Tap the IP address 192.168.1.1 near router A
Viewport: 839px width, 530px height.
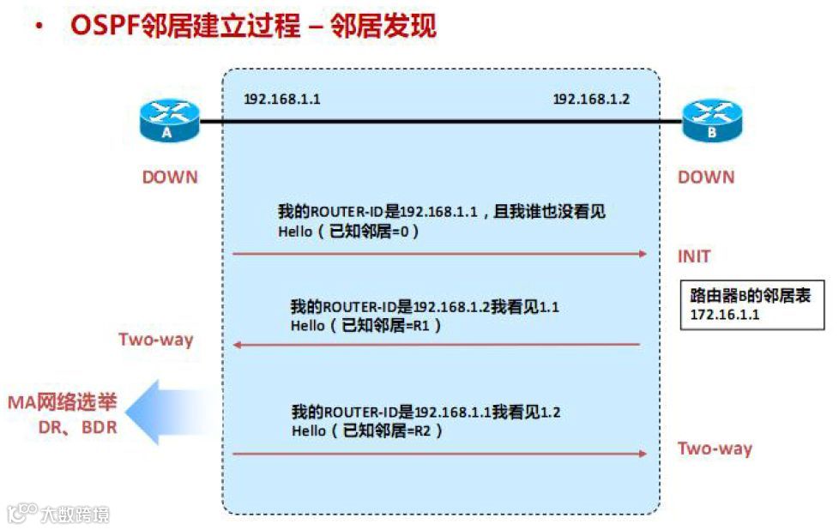point(282,99)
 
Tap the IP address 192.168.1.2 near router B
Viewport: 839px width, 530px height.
point(591,99)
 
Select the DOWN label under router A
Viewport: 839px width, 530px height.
point(170,178)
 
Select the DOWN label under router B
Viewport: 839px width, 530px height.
point(706,178)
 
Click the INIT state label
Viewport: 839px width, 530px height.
point(694,256)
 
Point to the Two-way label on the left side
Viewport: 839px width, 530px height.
point(156,340)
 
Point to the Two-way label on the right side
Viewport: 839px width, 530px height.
point(715,449)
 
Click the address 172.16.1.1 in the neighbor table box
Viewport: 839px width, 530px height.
point(725,315)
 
